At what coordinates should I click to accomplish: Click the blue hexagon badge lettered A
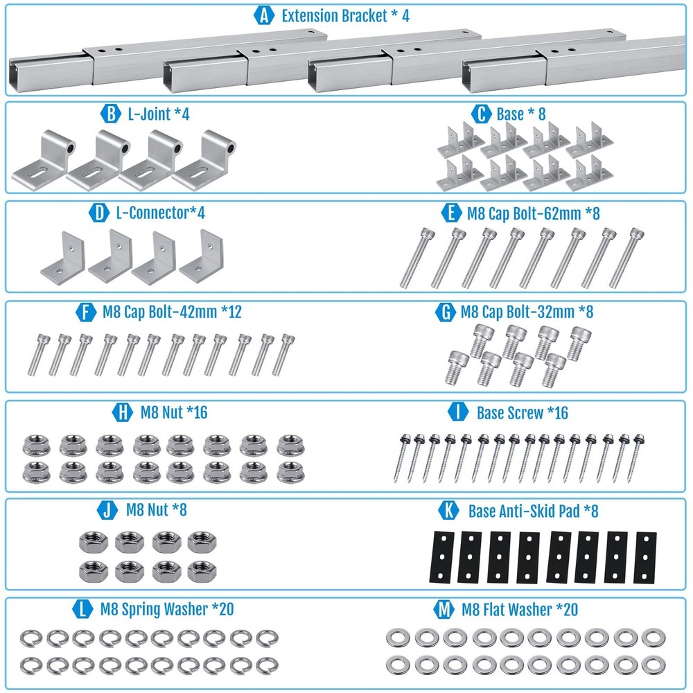263,16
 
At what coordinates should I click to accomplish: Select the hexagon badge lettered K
449,511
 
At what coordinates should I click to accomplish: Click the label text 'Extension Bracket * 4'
345,16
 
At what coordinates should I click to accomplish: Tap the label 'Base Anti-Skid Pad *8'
533,511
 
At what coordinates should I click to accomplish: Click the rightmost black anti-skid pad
645,557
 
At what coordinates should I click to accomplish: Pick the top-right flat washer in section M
651,637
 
